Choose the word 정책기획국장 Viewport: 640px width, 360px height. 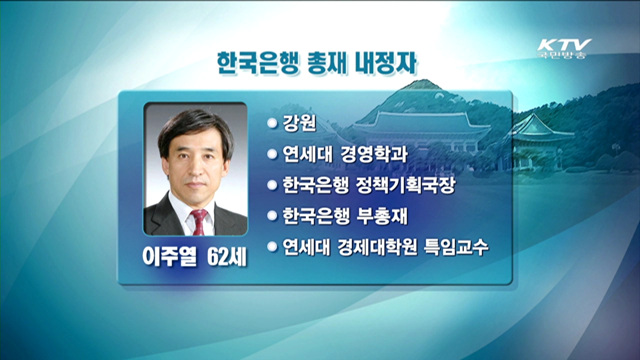pyautogui.click(x=406, y=185)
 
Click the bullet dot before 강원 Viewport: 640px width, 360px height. pyautogui.click(x=271, y=123)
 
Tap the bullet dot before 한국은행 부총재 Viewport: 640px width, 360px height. pyautogui.click(x=271, y=215)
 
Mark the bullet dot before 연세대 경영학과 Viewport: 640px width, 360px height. pyautogui.click(x=271, y=154)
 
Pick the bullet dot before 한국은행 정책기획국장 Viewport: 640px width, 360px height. pyautogui.click(x=271, y=185)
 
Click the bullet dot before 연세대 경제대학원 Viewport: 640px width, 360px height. pyautogui.click(x=271, y=246)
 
